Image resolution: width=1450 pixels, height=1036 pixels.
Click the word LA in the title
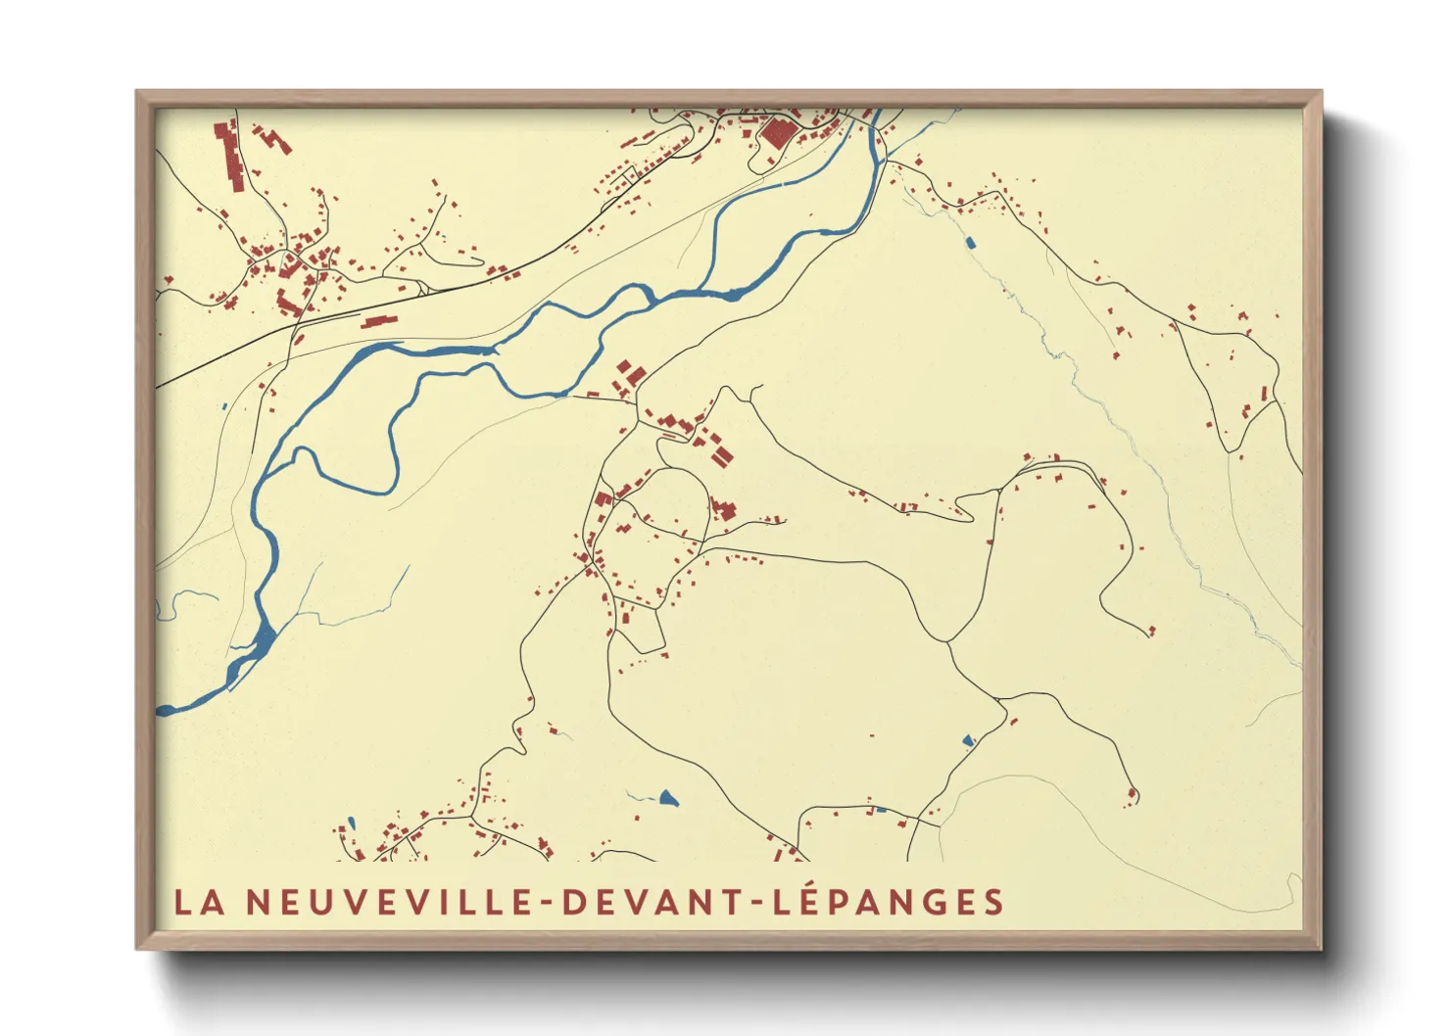[200, 902]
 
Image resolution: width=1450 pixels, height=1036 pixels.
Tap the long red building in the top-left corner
[230, 157]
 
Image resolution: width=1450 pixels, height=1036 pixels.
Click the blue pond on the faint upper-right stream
[970, 242]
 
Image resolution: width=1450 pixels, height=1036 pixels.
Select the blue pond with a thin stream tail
[668, 797]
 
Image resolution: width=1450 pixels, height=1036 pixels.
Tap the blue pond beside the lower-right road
[968, 739]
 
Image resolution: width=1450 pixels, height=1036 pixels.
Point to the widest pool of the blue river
[265, 638]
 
